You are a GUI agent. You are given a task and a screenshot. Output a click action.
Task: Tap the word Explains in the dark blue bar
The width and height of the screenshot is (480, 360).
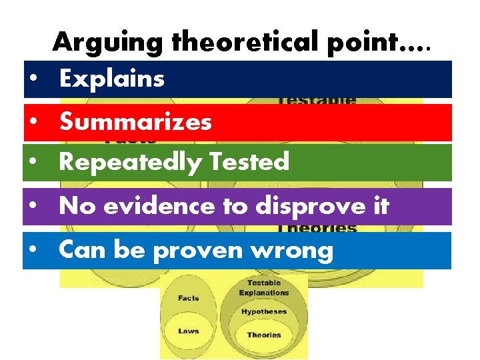pos(111,79)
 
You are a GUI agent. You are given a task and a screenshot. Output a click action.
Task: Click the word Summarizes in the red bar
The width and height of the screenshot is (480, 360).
pos(135,122)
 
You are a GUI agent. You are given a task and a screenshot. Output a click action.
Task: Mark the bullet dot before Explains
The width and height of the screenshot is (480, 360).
pos(33,80)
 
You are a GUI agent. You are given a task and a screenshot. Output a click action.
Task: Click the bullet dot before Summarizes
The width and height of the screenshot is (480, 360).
pos(33,123)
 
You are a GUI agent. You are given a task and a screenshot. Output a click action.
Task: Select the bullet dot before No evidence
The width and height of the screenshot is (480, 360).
pos(33,207)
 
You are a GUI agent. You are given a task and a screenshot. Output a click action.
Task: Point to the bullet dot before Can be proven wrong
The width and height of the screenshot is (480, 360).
pos(33,251)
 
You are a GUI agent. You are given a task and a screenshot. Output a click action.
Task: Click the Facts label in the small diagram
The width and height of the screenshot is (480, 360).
pos(189,299)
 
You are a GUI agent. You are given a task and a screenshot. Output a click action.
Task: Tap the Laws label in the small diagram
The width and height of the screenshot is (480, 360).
pos(188,331)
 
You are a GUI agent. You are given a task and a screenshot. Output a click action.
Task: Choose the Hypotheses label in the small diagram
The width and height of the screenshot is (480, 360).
pos(264,311)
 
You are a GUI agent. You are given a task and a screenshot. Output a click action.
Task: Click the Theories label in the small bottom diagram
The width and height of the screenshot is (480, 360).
pos(264,335)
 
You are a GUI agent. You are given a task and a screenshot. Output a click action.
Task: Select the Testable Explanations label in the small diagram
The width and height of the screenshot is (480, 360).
pos(264,288)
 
